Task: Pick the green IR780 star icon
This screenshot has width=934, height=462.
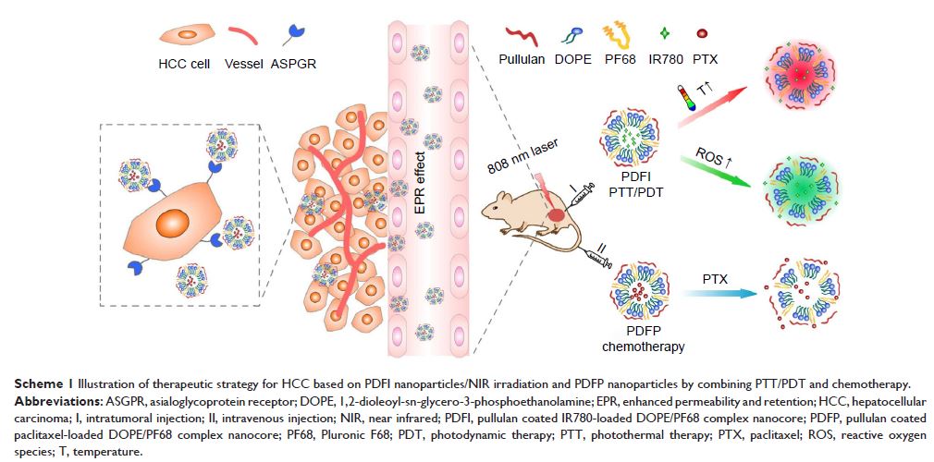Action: [x=662, y=35]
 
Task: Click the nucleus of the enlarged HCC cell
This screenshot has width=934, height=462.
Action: [x=171, y=225]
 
